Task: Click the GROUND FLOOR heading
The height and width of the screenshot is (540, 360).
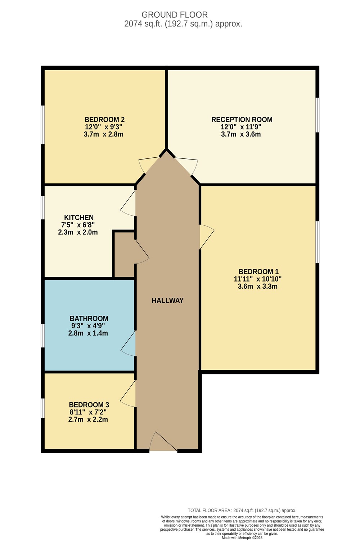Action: point(174,15)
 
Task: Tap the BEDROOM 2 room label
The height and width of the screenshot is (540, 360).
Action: point(104,120)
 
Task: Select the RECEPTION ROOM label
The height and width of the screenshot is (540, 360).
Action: point(242,120)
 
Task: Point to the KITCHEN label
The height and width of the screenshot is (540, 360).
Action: point(79,217)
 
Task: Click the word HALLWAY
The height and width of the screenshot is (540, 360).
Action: point(168,300)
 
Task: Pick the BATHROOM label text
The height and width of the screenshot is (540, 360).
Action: point(89,319)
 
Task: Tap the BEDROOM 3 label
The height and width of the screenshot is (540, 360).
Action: point(89,405)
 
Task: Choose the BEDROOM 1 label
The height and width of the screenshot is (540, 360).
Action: point(258,272)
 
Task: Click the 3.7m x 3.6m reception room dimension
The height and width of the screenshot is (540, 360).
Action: point(241,134)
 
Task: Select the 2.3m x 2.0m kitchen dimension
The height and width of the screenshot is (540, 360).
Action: point(78,233)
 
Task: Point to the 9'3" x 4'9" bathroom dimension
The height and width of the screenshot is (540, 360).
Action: point(88,326)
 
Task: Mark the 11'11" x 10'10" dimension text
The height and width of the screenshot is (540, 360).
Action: point(258,279)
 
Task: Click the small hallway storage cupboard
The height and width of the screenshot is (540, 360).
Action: point(124,255)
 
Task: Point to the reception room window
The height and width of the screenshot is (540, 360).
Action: point(318,115)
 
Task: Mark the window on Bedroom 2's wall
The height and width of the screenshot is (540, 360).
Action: point(43,125)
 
